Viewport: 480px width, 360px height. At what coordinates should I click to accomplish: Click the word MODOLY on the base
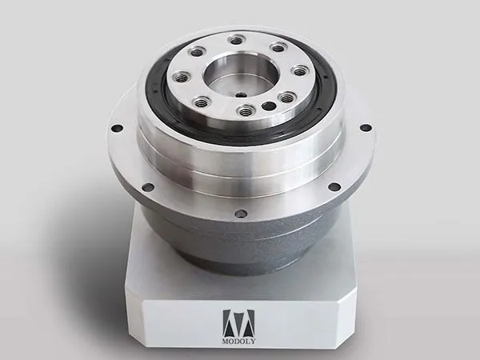click(238, 342)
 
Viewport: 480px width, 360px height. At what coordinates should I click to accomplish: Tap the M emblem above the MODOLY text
click(238, 323)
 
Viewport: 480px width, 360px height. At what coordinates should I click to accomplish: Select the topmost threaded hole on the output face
click(235, 40)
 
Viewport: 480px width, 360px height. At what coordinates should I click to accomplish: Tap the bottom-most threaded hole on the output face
click(246, 110)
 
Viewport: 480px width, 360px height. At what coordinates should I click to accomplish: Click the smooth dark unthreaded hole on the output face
click(269, 106)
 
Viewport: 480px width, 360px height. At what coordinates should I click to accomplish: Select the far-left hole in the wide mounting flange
click(118, 128)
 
